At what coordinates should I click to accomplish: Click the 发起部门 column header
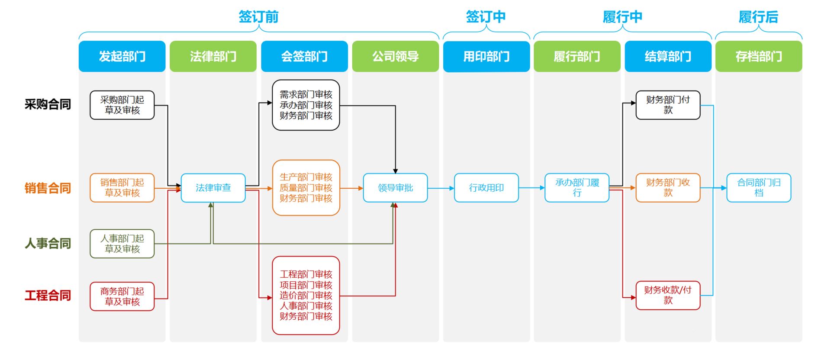pos(122,56)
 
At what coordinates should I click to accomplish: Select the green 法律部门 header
pos(213,56)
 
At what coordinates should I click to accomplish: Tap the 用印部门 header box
pos(486,56)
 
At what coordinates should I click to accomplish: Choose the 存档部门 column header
pos(758,56)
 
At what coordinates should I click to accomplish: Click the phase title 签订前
pos(258,17)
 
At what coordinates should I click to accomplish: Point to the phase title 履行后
pos(758,17)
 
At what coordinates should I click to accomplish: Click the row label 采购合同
pos(48,104)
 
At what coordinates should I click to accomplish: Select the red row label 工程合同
pos(48,296)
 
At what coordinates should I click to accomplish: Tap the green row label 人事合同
pos(48,243)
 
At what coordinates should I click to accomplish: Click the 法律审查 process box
pos(213,188)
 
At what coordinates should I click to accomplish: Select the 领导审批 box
pos(395,188)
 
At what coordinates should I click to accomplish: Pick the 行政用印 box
pos(486,188)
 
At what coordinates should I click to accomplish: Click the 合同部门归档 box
pos(758,188)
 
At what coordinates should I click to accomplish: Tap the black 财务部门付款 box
pos(667,105)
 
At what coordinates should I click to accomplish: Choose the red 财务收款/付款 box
pos(667,295)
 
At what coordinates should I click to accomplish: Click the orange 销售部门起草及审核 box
pos(122,188)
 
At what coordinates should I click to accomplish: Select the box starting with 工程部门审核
pos(306,295)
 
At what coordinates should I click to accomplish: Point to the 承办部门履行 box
pos(577,188)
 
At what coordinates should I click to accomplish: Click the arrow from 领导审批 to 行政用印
pos(441,188)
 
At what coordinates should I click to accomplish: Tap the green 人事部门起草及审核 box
pos(122,244)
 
